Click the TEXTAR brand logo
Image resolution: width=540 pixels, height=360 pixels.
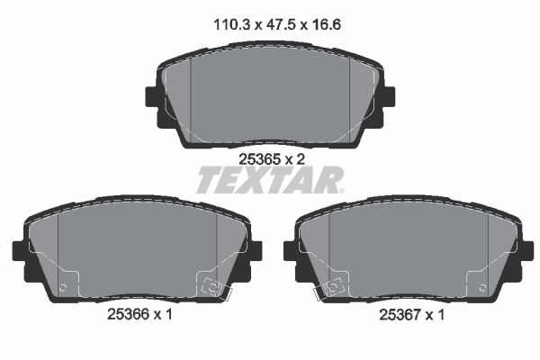click(x=269, y=181)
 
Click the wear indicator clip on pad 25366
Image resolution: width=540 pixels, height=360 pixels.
click(x=214, y=287)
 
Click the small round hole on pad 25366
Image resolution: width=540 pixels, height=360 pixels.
click(x=62, y=288)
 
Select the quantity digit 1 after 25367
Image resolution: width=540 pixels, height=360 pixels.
click(x=441, y=316)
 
